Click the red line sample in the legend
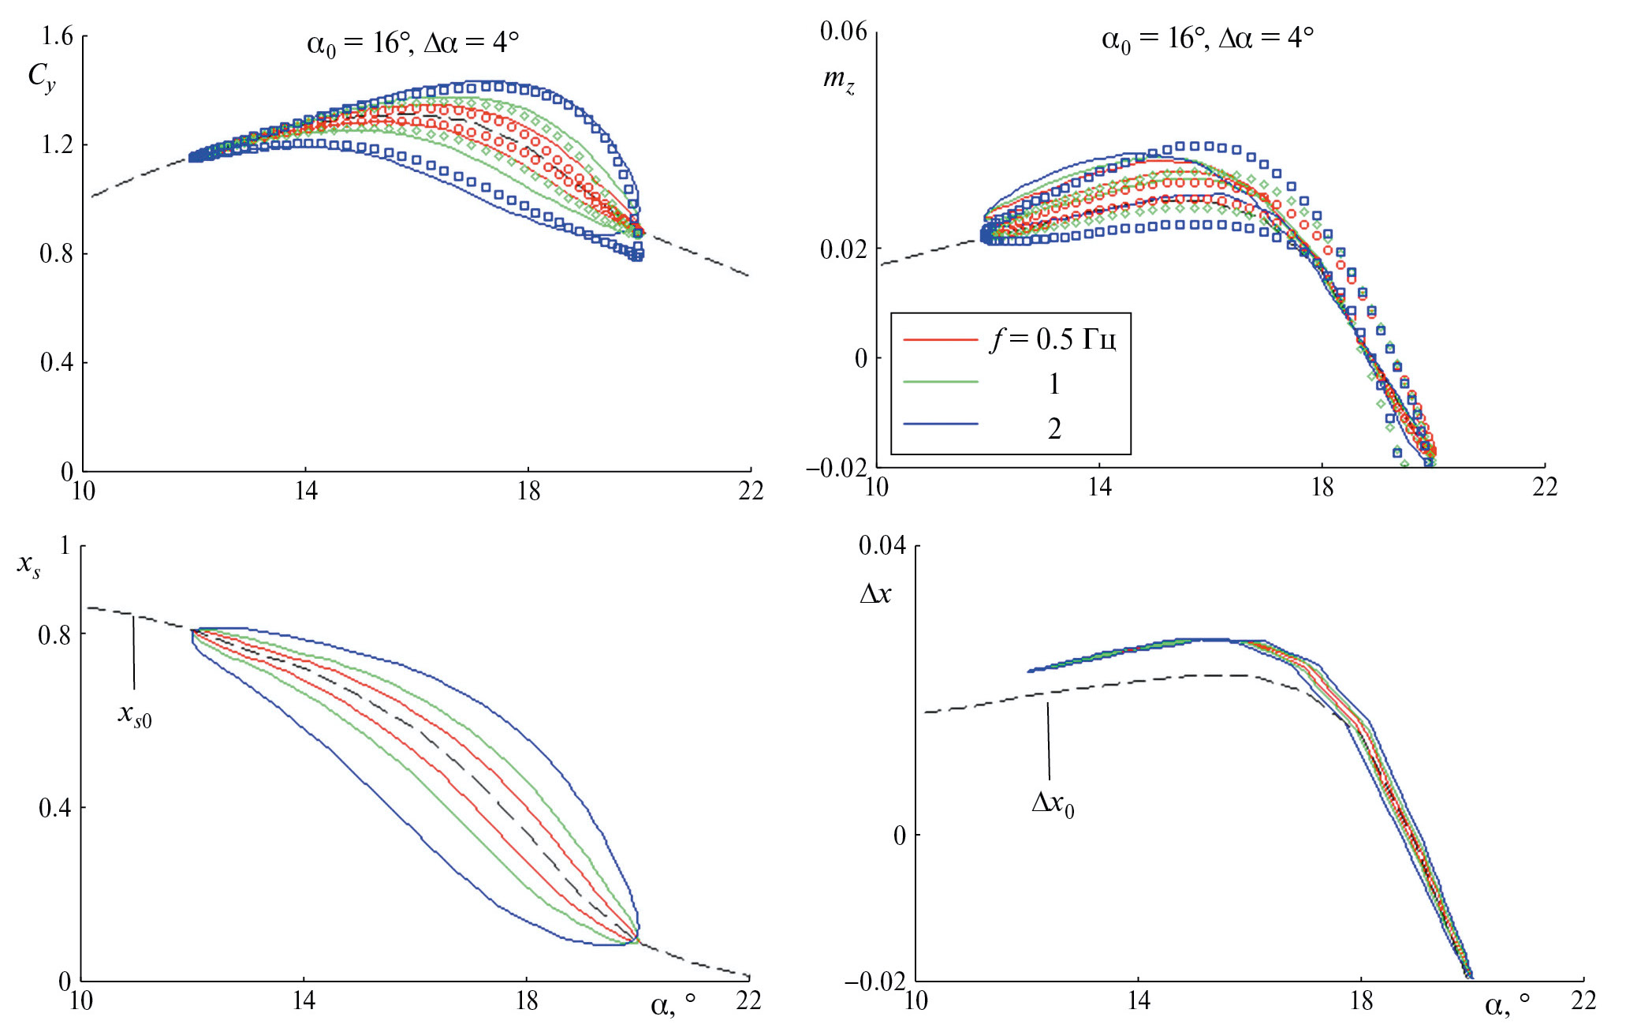tap(940, 340)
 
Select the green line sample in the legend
tap(940, 382)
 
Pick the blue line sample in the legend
tap(940, 424)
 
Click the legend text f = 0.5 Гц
tap(1053, 339)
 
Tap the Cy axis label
tap(41, 77)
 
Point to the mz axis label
tap(838, 79)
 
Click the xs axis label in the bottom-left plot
tap(29, 565)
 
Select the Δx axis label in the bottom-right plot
tap(875, 593)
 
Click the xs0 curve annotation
tap(135, 714)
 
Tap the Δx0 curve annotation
tap(1053, 803)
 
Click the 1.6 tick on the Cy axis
tap(57, 36)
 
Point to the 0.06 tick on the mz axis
tap(843, 32)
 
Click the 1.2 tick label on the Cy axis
tap(57, 145)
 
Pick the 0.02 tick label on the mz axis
tap(843, 249)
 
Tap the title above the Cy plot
tap(412, 42)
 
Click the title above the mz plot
tap(1207, 39)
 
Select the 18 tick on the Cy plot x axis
tap(528, 492)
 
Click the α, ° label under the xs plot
tap(673, 1004)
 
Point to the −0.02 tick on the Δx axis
tap(876, 982)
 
